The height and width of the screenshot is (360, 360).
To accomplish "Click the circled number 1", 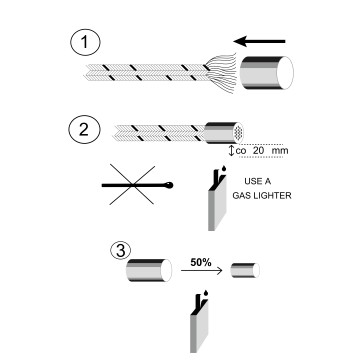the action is click(x=85, y=43).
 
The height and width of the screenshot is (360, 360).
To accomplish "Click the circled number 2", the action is click(x=84, y=130).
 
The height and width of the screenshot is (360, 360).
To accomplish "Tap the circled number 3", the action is click(x=120, y=251).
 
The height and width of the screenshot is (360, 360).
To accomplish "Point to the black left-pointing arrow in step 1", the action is click(x=259, y=41).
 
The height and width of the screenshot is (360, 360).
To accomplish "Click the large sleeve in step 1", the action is click(x=267, y=73).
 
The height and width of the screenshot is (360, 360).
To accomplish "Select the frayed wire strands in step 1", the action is click(x=221, y=73).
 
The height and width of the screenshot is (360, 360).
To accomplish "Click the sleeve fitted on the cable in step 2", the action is click(x=223, y=133).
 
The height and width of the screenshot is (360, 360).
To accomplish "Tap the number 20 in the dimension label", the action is click(x=259, y=150).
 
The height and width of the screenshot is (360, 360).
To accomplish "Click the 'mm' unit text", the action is click(x=280, y=151).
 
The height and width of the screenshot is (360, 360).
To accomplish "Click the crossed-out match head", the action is click(x=170, y=185).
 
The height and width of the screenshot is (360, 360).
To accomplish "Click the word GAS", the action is click(x=241, y=196).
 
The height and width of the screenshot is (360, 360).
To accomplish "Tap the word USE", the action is click(x=253, y=182).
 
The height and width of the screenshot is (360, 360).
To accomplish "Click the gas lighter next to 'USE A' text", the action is click(x=217, y=200).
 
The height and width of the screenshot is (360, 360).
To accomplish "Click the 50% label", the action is click(x=201, y=263).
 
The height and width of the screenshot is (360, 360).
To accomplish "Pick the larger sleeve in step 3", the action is click(x=149, y=270).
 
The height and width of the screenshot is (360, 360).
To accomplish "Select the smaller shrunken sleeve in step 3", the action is click(x=245, y=270).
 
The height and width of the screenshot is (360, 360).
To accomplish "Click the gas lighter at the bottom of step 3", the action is click(x=199, y=322).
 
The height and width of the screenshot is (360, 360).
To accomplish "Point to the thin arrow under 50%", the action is click(x=202, y=271).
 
